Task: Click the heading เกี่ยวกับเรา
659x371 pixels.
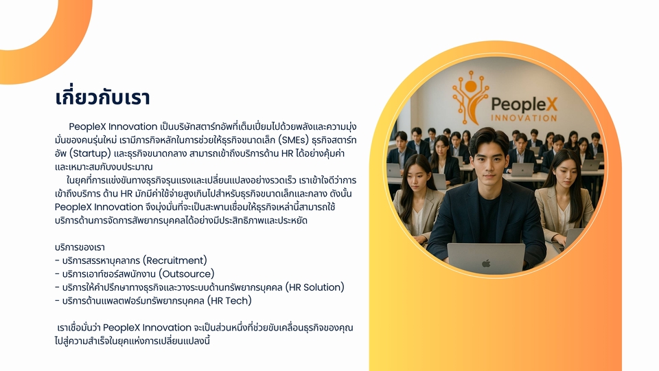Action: [102, 97]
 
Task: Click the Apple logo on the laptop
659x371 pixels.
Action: [486, 262]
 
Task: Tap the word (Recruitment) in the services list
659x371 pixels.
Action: [175, 260]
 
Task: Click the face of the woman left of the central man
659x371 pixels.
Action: [415, 177]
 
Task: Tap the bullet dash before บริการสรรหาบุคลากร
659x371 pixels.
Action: [57, 260]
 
